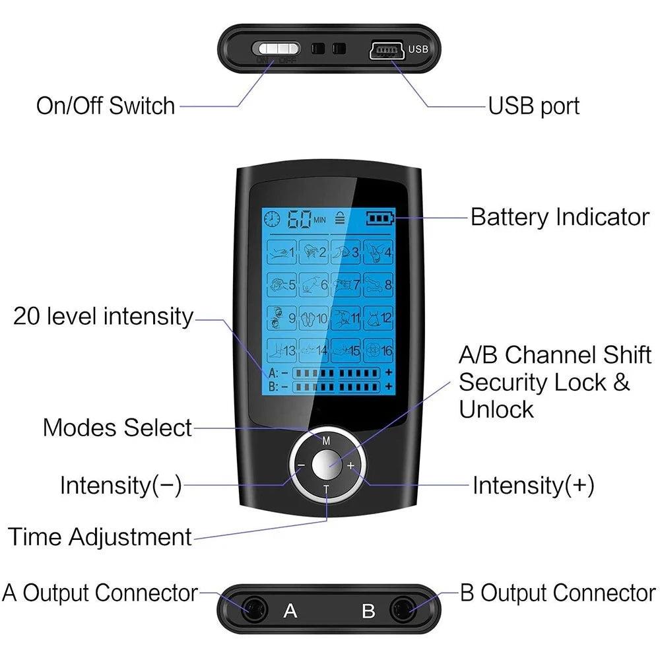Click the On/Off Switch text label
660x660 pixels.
(x=106, y=106)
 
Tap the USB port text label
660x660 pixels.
(x=533, y=106)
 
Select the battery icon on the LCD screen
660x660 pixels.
(x=379, y=218)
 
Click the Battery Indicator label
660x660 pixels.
(x=560, y=217)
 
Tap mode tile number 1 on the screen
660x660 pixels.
(x=282, y=252)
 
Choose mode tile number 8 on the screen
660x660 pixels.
(x=378, y=284)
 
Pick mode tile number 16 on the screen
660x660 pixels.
(x=378, y=350)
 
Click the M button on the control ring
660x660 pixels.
(x=326, y=440)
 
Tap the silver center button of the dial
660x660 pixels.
(x=325, y=465)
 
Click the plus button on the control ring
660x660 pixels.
(x=350, y=465)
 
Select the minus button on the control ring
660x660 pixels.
(x=301, y=465)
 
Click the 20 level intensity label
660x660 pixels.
(x=104, y=317)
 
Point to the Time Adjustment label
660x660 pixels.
(x=100, y=536)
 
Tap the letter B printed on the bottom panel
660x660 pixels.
(x=368, y=610)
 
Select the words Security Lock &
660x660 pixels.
(x=544, y=382)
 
